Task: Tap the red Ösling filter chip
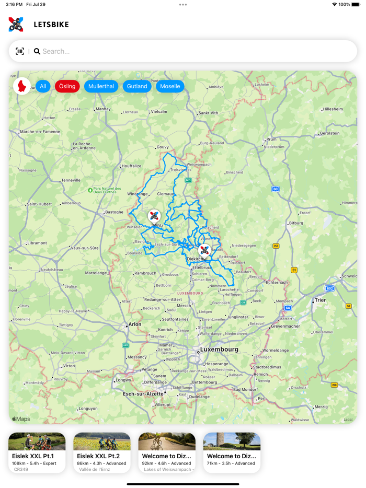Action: [x=67, y=86]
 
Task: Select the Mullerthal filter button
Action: [x=101, y=86]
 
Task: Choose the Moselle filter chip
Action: [x=170, y=86]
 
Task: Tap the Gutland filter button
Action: [x=137, y=86]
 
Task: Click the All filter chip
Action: [x=43, y=86]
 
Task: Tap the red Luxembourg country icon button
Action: [x=22, y=86]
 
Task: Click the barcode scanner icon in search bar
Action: [x=20, y=51]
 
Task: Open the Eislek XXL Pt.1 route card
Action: [x=37, y=452]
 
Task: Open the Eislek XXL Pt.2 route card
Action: [x=102, y=452]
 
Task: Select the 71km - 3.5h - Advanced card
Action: [x=232, y=452]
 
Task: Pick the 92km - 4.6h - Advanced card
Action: [x=167, y=452]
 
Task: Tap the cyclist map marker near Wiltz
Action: [x=154, y=215]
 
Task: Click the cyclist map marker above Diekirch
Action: [x=204, y=250]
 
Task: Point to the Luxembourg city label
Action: [x=219, y=350]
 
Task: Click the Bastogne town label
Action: [x=114, y=212]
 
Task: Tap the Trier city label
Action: [x=320, y=300]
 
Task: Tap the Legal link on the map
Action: [x=348, y=419]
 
